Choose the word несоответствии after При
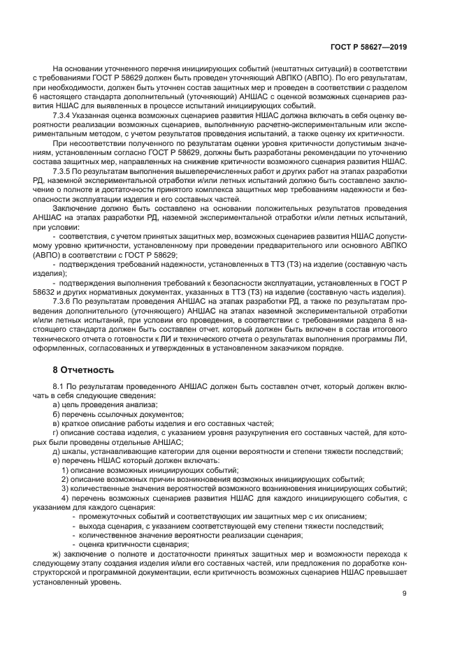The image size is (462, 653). pos(101,142)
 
